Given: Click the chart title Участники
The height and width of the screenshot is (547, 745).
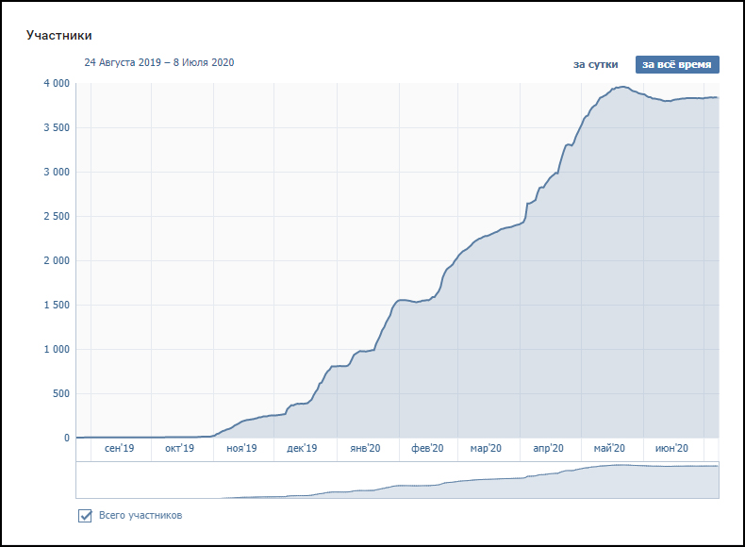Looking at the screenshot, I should pos(59,36).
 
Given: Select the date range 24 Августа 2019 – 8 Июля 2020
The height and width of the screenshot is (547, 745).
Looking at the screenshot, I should pos(159,63).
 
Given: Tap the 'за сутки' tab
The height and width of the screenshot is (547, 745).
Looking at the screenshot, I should pos(596,64).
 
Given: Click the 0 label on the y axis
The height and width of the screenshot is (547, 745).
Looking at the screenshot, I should pos(66,438).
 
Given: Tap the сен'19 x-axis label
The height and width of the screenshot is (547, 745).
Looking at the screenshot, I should pos(120,449).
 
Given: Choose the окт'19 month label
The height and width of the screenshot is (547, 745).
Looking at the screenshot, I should pos(179,449).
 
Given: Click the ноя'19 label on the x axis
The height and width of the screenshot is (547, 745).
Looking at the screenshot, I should pos(241,449).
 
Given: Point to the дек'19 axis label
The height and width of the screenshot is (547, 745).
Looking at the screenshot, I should pos(302,449).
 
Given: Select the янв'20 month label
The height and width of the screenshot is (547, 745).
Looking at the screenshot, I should pos(365,449).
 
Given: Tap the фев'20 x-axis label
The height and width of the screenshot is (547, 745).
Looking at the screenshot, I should pos(427,449).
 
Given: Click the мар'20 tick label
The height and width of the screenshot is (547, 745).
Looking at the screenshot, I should pos(486,449).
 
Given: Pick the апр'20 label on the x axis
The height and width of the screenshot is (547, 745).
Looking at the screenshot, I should pos(549,449).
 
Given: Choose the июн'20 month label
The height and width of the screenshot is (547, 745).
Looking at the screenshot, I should pos(671,449).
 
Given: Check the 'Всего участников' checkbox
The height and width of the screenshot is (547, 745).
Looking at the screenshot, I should pos(85,516).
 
